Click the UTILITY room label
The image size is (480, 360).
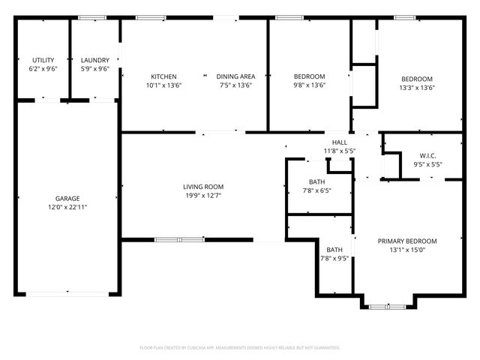click(43, 60)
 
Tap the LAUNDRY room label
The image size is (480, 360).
click(95, 60)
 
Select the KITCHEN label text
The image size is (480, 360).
click(163, 76)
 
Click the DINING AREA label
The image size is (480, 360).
click(236, 76)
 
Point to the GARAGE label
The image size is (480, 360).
click(67, 199)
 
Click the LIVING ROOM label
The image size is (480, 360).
click(203, 187)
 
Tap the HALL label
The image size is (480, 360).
click(339, 142)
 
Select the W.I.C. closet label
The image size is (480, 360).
click(427, 156)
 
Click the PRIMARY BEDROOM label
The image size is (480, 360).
click(407, 241)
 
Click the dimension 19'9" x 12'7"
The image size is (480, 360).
click(203, 196)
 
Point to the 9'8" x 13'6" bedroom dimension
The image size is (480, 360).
click(309, 85)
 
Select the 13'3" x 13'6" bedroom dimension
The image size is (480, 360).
click(417, 88)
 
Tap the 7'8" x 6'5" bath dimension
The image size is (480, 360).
click(316, 190)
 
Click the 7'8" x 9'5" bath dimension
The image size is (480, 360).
click(334, 259)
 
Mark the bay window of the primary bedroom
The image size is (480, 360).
click(387, 306)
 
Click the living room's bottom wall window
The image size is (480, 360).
click(179, 240)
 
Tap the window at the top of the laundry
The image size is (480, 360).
click(92, 17)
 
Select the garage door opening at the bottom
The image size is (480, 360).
click(67, 294)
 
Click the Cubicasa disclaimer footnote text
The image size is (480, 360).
click(240, 348)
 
